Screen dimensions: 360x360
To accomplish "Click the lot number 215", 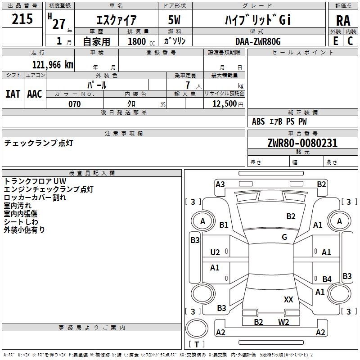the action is pos(22,19).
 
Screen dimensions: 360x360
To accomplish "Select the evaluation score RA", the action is pos(343,21).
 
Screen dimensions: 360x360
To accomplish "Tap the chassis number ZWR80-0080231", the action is pos(302,143).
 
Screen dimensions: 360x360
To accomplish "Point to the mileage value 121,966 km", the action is pos(53,65).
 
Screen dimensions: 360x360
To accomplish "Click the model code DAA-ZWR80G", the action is pos(258,41).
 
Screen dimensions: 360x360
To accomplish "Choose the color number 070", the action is pos(75,104).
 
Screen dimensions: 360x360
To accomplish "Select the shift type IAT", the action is pos(13,94).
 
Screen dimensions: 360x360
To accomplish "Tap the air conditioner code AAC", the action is pos(35,94).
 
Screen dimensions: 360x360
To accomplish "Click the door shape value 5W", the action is pos(174,20).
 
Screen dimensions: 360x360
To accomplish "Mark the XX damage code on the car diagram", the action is pos(288,299).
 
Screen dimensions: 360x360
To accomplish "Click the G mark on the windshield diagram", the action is pos(284,237).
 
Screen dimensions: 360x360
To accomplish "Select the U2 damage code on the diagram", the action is pos(215,252).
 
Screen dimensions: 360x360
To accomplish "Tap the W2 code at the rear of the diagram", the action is pos(283,322).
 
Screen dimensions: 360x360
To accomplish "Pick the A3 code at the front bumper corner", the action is pos(220,184).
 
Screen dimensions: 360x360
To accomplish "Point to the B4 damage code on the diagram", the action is pos(327,279).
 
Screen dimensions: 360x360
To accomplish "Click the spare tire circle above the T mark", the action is pos(197,328).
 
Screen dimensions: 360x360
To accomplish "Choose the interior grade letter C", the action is pos(350,41).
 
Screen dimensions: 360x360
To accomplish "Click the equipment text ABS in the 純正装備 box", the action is pos(258,121).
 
